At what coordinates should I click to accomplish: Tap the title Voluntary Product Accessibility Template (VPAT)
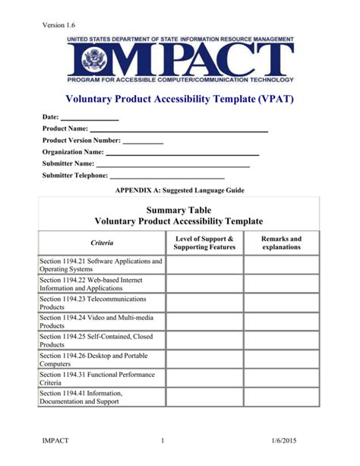pos(179,99)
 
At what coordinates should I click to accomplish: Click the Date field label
pos(51,119)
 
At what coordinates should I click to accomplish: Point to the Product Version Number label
pos(81,141)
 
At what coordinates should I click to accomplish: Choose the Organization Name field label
pos(73,152)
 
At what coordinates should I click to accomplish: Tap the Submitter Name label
pos(68,163)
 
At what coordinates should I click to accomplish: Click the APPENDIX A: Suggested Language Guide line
pos(179,190)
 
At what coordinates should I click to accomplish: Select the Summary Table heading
pos(179,209)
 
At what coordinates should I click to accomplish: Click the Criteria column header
pos(102,243)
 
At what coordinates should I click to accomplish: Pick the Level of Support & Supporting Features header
pos(204,243)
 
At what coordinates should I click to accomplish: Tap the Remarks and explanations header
pos(282,243)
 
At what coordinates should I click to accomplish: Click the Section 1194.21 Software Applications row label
pos(101,265)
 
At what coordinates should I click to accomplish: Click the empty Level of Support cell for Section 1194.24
pos(204,322)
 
